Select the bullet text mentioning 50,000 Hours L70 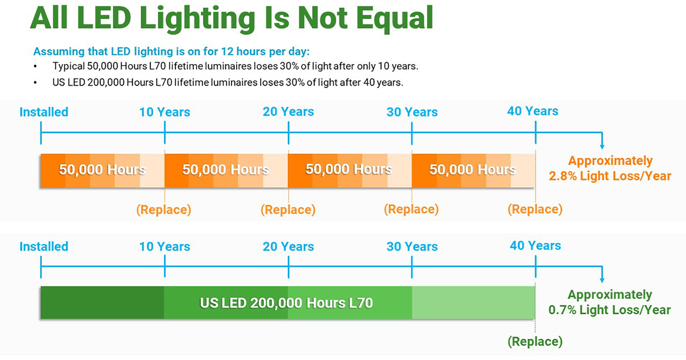pyautogui.click(x=235, y=66)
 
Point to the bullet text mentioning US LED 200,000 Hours pyautogui.click(x=228, y=82)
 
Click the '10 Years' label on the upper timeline pyautogui.click(x=165, y=112)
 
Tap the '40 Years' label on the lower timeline pyautogui.click(x=535, y=246)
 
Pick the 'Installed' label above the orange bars pyautogui.click(x=44, y=112)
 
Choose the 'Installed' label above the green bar pyautogui.click(x=44, y=247)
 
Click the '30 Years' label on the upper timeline pyautogui.click(x=412, y=112)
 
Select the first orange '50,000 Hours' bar pyautogui.click(x=102, y=170)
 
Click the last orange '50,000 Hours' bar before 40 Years pyautogui.click(x=473, y=170)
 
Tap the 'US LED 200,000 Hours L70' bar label pyautogui.click(x=286, y=302)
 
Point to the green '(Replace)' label pyautogui.click(x=535, y=342)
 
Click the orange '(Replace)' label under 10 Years pyautogui.click(x=163, y=210)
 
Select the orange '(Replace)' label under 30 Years pyautogui.click(x=411, y=210)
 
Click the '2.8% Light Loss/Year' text pyautogui.click(x=610, y=177)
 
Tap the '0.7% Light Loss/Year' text pyautogui.click(x=609, y=310)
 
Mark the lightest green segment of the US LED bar pyautogui.click(x=473, y=302)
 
